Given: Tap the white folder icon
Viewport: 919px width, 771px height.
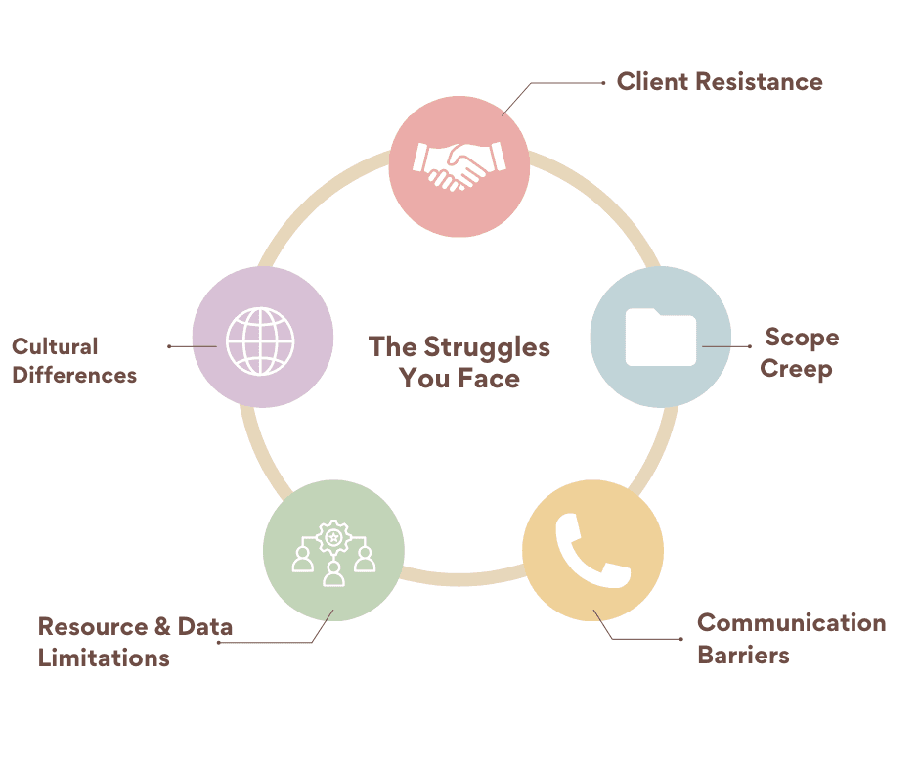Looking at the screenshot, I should [x=661, y=337].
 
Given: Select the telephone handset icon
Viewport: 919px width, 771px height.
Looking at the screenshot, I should [x=592, y=549].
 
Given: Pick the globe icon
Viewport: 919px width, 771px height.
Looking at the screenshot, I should [x=260, y=338].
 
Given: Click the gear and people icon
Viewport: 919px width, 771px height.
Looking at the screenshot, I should [x=333, y=553].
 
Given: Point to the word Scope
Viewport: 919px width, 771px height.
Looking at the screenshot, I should [x=802, y=338].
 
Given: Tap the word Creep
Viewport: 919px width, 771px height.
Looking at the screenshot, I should [x=796, y=369].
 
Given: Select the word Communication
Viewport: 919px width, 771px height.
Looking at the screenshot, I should [x=791, y=623].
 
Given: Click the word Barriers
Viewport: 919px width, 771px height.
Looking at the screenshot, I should [x=743, y=655].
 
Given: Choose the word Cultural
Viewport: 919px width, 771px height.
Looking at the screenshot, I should [x=55, y=346].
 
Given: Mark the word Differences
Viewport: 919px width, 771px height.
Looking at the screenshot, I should [x=74, y=375].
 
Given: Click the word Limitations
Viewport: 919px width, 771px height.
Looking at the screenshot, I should [x=104, y=658].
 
